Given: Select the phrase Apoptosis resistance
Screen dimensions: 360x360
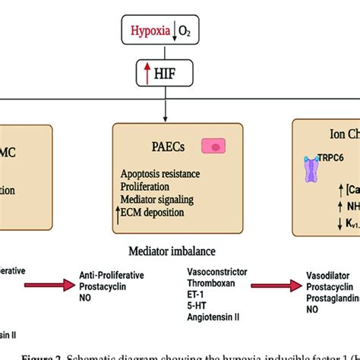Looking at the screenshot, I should pyautogui.click(x=159, y=174).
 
